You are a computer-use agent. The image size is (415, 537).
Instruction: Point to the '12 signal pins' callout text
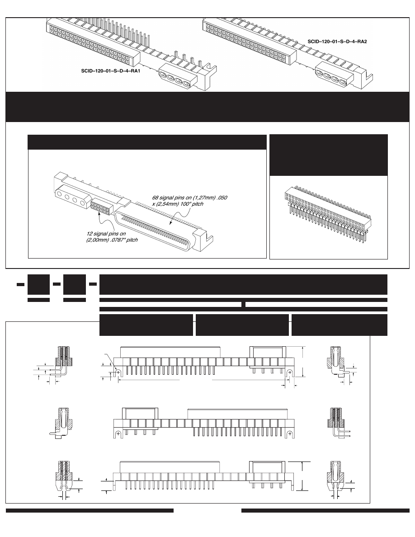[112, 236]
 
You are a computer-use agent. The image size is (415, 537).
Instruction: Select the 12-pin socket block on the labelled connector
[101, 208]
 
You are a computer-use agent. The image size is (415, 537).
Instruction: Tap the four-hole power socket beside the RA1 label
[177, 80]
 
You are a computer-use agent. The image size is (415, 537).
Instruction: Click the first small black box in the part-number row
[38, 284]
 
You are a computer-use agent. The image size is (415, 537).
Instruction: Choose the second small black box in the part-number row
[75, 284]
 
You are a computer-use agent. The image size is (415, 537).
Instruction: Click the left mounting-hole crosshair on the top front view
[118, 372]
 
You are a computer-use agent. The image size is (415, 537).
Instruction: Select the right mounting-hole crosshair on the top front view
[289, 372]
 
